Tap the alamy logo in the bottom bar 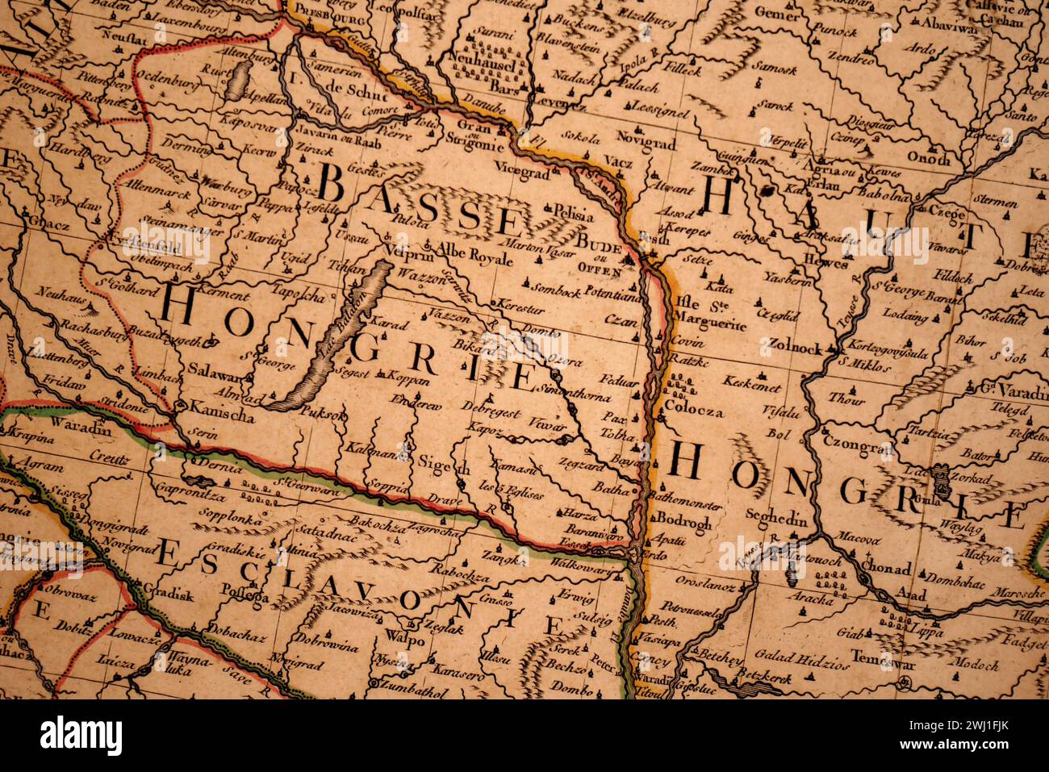[x=81, y=736]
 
